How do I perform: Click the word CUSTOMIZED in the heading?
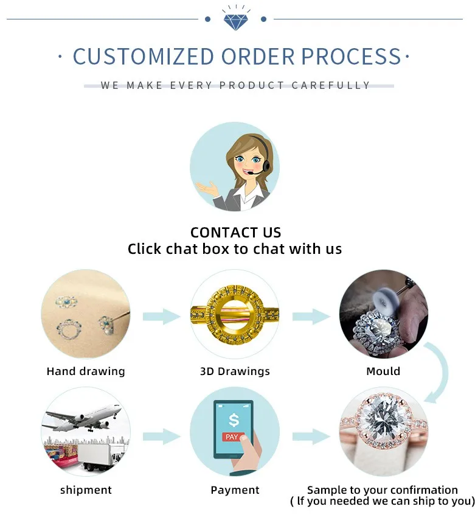[x=143, y=57]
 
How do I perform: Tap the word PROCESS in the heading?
[x=352, y=57]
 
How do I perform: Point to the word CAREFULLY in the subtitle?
[x=331, y=85]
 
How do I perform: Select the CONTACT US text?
[x=236, y=233]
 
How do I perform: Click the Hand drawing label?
[x=86, y=371]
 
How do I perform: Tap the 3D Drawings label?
[x=235, y=371]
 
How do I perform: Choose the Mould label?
[x=383, y=371]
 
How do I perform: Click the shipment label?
[x=86, y=490]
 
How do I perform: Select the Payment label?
[x=235, y=490]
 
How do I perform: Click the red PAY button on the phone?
[x=232, y=437]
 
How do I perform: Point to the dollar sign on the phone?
[x=233, y=420]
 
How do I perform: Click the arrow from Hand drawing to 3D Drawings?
[x=161, y=316]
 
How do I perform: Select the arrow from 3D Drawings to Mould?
[x=310, y=316]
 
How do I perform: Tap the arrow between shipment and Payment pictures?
[x=161, y=436]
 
